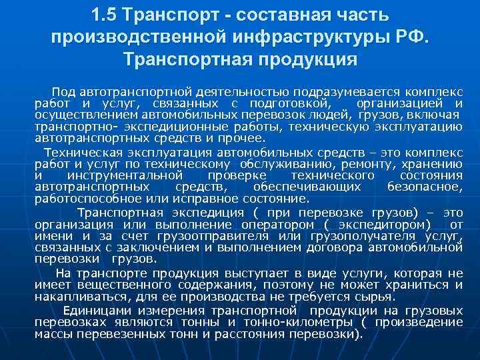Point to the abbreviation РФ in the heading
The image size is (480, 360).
413,37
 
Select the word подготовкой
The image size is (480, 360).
289,103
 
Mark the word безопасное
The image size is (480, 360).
425,187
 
